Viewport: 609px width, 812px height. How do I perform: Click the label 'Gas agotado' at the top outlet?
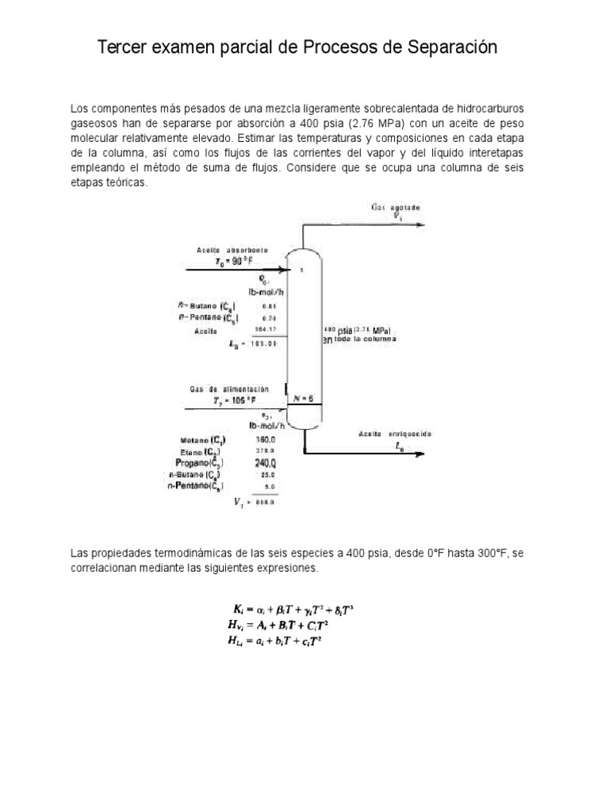click(x=396, y=207)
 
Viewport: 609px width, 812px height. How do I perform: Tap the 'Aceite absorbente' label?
click(x=232, y=251)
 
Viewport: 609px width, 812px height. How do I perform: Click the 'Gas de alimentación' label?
click(x=229, y=390)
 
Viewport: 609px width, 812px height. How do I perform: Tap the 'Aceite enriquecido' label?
click(x=394, y=435)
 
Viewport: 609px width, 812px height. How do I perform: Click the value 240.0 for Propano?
click(x=265, y=462)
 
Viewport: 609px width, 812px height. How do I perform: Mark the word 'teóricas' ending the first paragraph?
click(x=125, y=182)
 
